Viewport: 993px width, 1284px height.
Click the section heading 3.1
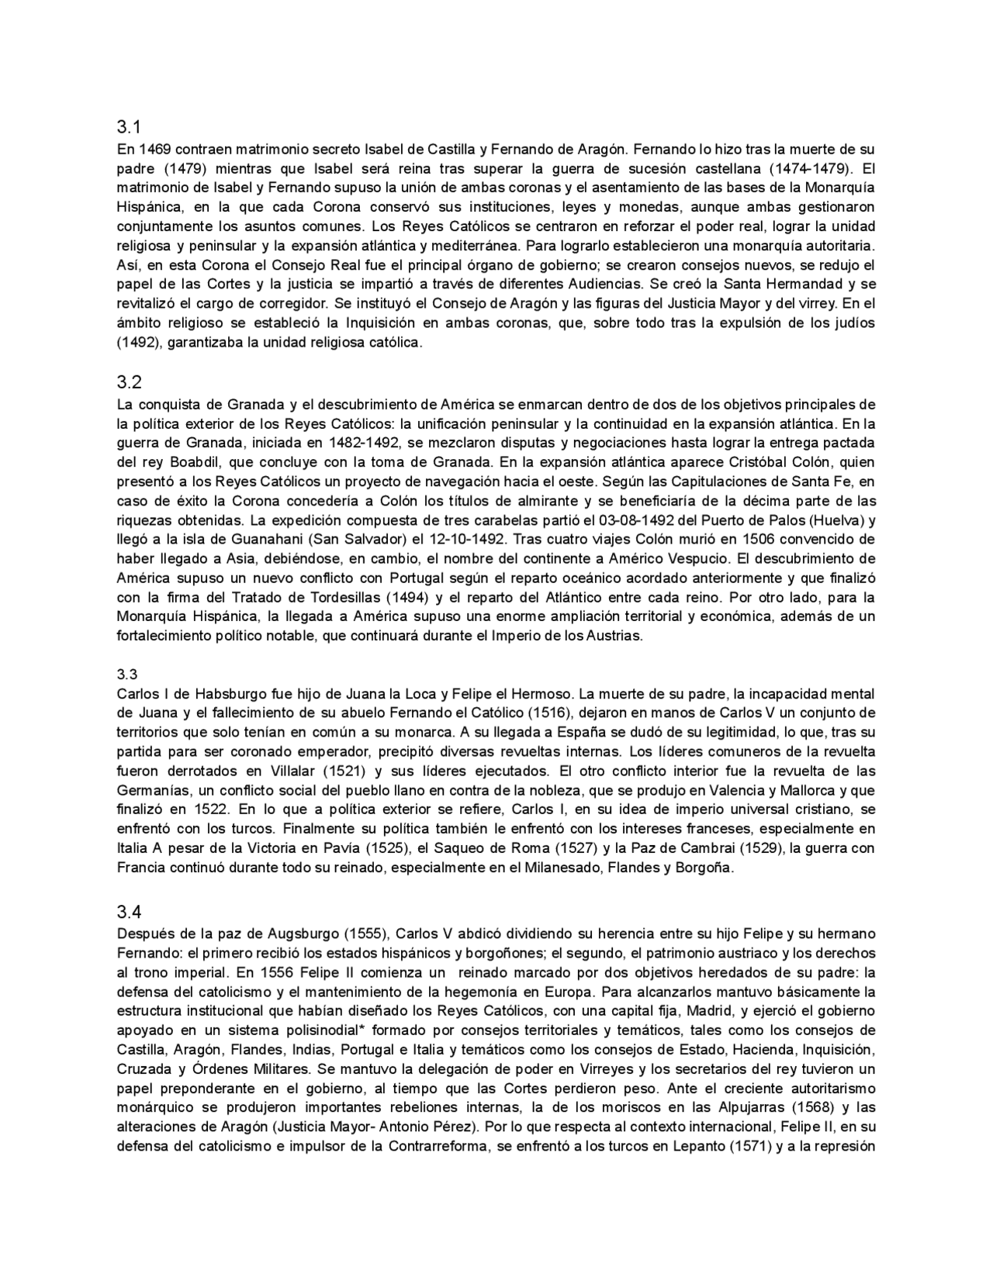click(127, 126)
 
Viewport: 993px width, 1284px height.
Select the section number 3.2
click(127, 381)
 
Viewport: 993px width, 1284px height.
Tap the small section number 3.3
click(126, 674)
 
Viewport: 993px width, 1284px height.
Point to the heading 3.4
click(127, 911)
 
